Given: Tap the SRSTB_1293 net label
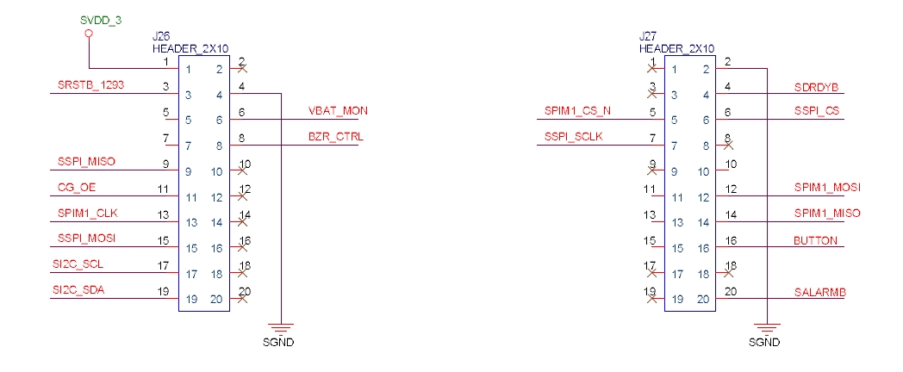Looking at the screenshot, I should pos(90,85).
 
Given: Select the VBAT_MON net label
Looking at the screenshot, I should pos(339,111).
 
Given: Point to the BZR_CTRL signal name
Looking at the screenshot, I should pos(335,137).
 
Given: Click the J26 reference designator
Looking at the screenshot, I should pos(161,39).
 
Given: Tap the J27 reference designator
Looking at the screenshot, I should pos(647,39).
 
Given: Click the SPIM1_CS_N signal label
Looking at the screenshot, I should pos(577,111).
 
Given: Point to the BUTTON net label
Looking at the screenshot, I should pos(814,240).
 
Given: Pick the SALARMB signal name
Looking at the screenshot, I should pos(819,292).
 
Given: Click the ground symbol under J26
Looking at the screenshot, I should pos(282,327).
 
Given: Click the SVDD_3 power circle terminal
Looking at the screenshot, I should pos(89,34).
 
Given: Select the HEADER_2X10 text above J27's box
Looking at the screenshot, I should pos(677,50).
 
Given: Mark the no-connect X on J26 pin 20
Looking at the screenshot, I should pos(243,300).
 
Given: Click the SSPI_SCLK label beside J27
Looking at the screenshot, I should pos(575,137).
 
